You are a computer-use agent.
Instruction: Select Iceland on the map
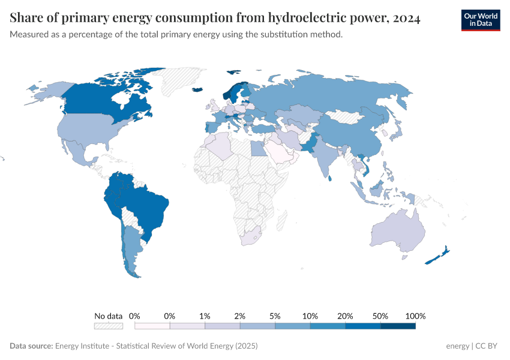[197, 90]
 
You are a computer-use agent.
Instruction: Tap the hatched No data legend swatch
[109, 326]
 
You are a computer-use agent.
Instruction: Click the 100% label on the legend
[415, 316]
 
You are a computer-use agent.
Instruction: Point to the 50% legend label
[380, 316]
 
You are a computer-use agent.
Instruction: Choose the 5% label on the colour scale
[275, 316]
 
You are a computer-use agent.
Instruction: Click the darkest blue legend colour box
[398, 326]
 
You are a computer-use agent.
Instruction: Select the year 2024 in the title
[407, 19]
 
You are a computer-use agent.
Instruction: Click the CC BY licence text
[487, 346]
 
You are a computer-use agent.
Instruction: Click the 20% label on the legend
[346, 316]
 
